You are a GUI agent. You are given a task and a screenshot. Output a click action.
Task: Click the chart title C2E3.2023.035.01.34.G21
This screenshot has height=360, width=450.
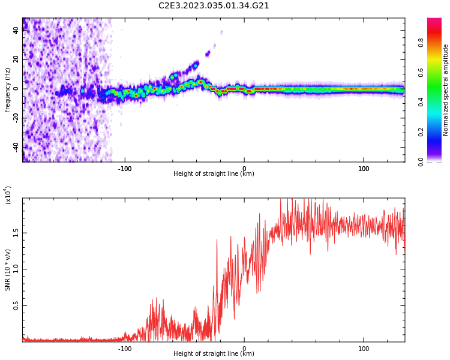click(214, 6)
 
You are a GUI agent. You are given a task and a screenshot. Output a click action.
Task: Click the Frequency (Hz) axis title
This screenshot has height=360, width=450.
click(7, 90)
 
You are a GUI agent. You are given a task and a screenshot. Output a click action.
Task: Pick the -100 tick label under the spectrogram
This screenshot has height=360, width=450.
click(124, 168)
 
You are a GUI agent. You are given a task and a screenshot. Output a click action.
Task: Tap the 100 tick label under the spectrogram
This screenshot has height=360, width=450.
click(364, 168)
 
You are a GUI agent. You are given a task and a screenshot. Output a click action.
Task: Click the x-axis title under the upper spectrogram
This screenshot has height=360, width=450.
click(214, 175)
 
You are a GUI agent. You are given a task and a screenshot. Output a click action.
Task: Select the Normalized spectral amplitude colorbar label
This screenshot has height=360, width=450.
click(446, 90)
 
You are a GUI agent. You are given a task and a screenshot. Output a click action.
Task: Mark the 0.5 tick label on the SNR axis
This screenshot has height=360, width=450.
click(16, 305)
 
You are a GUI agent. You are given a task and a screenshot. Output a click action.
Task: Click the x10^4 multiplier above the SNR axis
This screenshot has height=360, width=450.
click(8, 195)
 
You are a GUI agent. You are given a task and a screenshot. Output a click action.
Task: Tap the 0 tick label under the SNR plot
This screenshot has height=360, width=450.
click(244, 348)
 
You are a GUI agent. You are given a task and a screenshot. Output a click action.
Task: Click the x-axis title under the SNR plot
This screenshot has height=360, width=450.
click(214, 354)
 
